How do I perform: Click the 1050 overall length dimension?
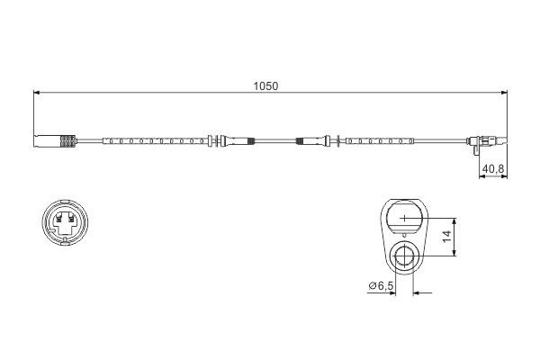click(x=267, y=86)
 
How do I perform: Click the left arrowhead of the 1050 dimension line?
click(x=37, y=93)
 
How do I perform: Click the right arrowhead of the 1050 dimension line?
click(x=499, y=93)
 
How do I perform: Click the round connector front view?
click(x=64, y=223)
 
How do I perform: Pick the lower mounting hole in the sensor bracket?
click(x=405, y=260)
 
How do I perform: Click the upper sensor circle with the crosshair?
click(x=405, y=219)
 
